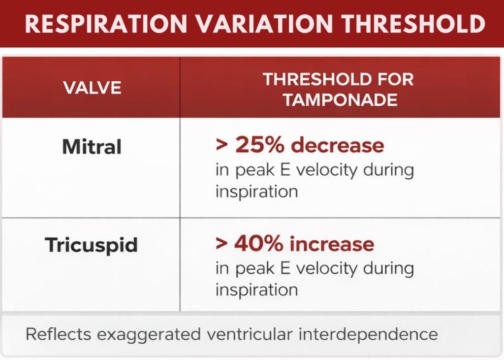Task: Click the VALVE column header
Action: pyautogui.click(x=92, y=88)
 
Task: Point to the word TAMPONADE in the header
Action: pyautogui.click(x=341, y=99)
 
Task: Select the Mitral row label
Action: pyautogui.click(x=92, y=146)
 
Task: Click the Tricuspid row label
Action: pyautogui.click(x=92, y=245)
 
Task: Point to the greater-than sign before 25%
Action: pyautogui.click(x=222, y=146)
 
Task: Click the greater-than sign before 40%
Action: pyautogui.click(x=222, y=244)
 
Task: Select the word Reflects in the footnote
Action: pyautogui.click(x=58, y=334)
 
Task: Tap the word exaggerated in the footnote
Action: pyautogui.click(x=148, y=335)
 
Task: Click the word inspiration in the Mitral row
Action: pyautogui.click(x=256, y=192)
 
